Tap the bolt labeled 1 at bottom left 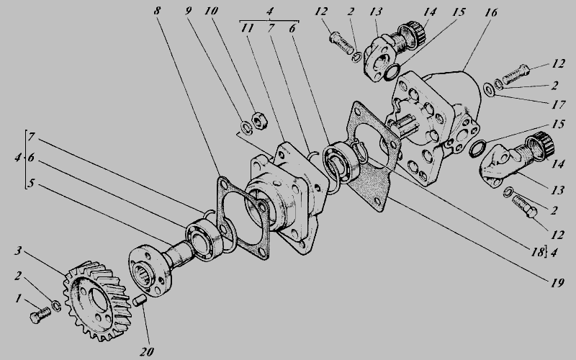[x=40, y=315]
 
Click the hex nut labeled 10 [x=259, y=120]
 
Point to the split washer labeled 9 [x=246, y=128]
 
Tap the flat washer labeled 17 [x=489, y=89]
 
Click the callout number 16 [x=490, y=12]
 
